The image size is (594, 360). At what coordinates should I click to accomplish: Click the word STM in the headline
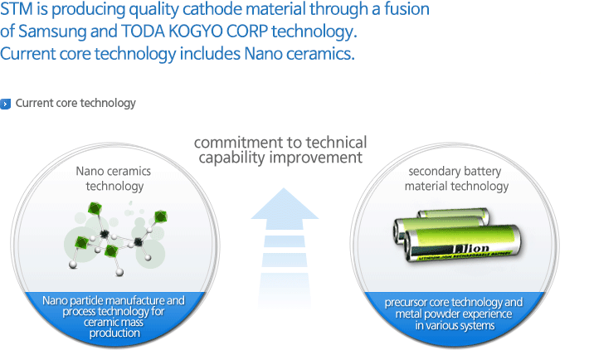[16, 9]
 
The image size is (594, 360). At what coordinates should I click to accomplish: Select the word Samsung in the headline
[52, 32]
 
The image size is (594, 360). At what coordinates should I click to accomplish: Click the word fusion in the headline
[407, 9]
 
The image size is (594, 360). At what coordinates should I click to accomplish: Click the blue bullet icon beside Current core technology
[5, 104]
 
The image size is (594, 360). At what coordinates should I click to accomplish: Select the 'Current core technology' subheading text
[75, 104]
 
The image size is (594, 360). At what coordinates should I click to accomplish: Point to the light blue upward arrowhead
[285, 205]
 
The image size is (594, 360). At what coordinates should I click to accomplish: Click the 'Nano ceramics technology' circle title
[114, 178]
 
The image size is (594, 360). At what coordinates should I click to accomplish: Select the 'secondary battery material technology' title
[456, 178]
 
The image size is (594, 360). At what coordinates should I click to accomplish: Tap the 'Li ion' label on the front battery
[471, 249]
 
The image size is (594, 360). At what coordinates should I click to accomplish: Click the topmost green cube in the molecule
[95, 208]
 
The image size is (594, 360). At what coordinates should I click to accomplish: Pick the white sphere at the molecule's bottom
[119, 272]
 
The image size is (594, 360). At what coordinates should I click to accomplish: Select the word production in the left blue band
[114, 333]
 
